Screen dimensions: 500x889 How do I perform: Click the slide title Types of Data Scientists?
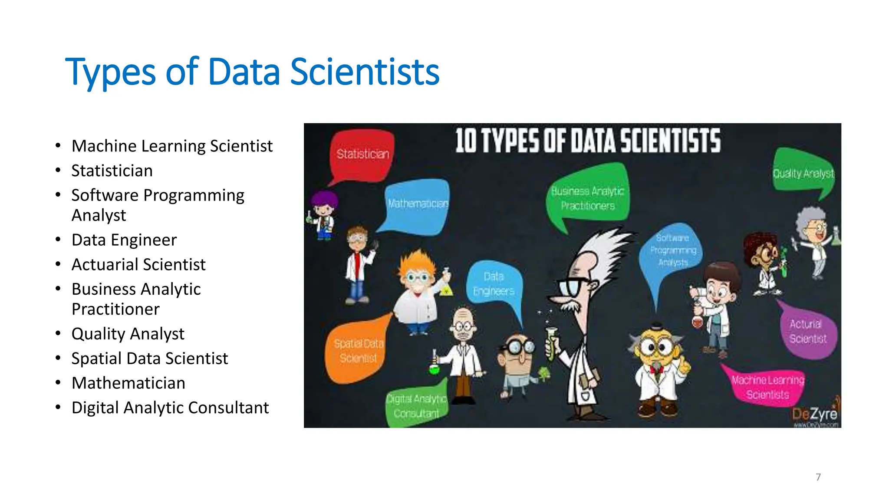(x=252, y=72)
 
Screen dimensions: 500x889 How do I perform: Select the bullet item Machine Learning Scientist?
(x=172, y=146)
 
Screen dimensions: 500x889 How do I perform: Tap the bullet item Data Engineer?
(x=124, y=240)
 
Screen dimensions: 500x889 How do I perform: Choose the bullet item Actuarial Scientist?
(x=138, y=265)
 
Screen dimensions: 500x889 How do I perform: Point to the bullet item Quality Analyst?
(x=128, y=334)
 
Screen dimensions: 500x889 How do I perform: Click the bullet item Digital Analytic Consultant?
(x=170, y=408)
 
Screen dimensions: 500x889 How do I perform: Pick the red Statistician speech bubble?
(x=362, y=154)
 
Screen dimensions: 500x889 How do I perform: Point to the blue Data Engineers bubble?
(x=494, y=284)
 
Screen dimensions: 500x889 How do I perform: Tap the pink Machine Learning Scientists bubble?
(x=767, y=387)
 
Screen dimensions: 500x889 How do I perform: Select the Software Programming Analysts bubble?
(x=672, y=250)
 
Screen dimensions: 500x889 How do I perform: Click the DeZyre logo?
(x=815, y=414)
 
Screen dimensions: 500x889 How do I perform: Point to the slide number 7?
(x=818, y=477)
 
